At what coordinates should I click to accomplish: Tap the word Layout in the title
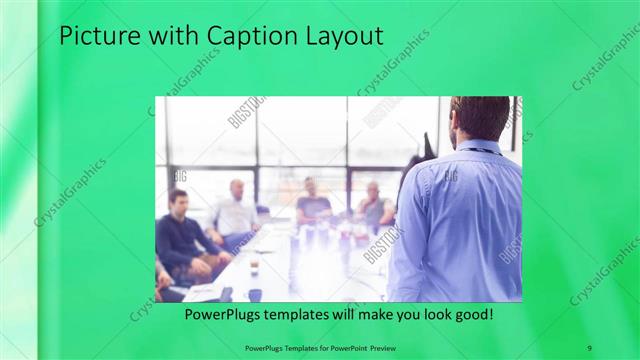pyautogui.click(x=346, y=37)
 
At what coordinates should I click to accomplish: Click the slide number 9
pyautogui.click(x=590, y=347)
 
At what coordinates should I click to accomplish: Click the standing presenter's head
pyautogui.click(x=480, y=118)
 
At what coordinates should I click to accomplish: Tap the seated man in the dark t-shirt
pyautogui.click(x=312, y=203)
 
